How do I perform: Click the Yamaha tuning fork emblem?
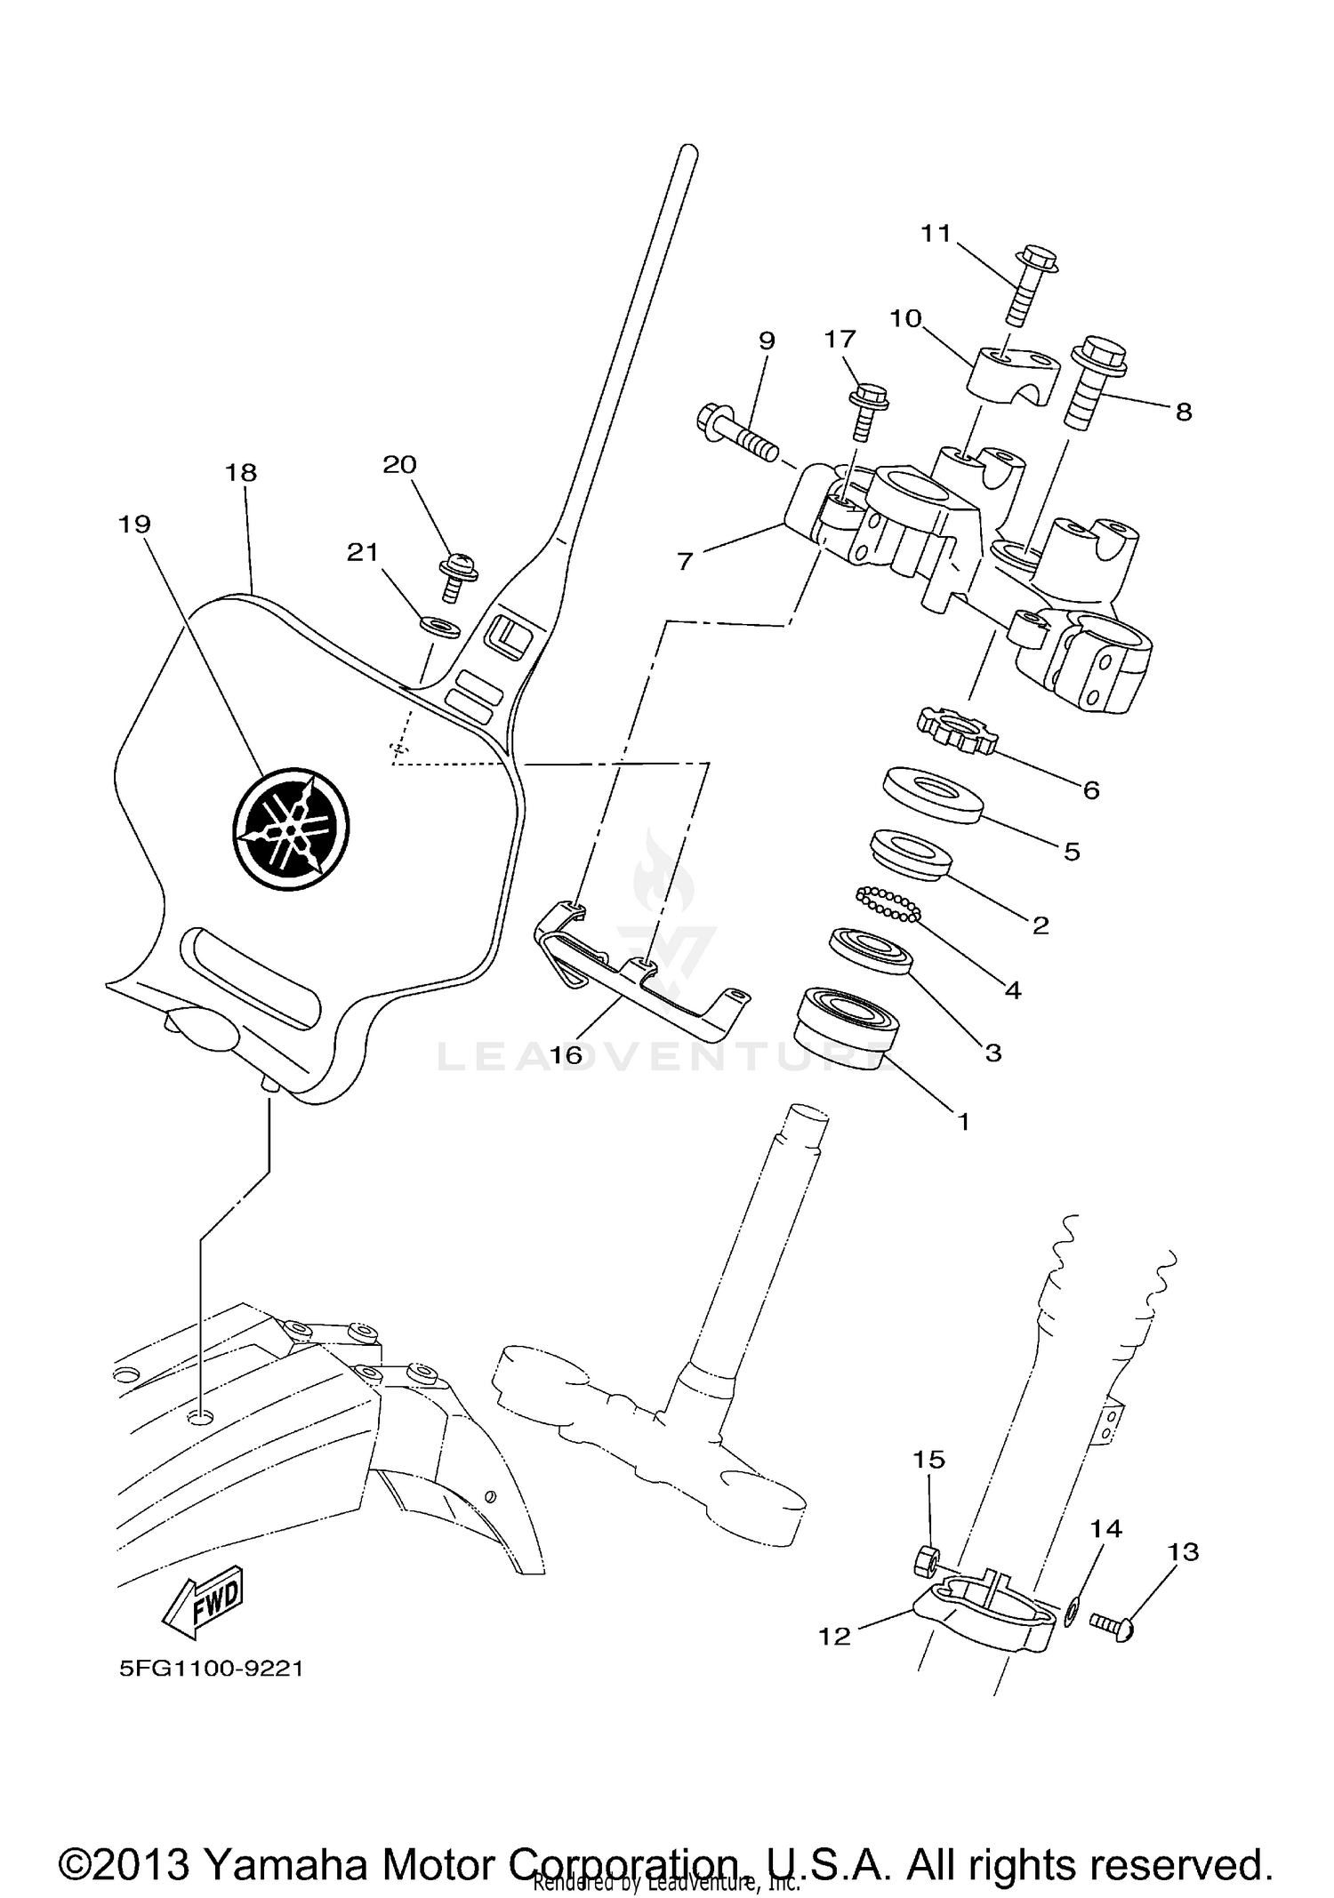point(291,827)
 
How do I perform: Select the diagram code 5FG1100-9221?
point(211,1669)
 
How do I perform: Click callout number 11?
point(936,233)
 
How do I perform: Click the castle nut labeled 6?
point(957,730)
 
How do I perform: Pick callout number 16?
point(566,1055)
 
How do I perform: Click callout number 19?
point(134,525)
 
